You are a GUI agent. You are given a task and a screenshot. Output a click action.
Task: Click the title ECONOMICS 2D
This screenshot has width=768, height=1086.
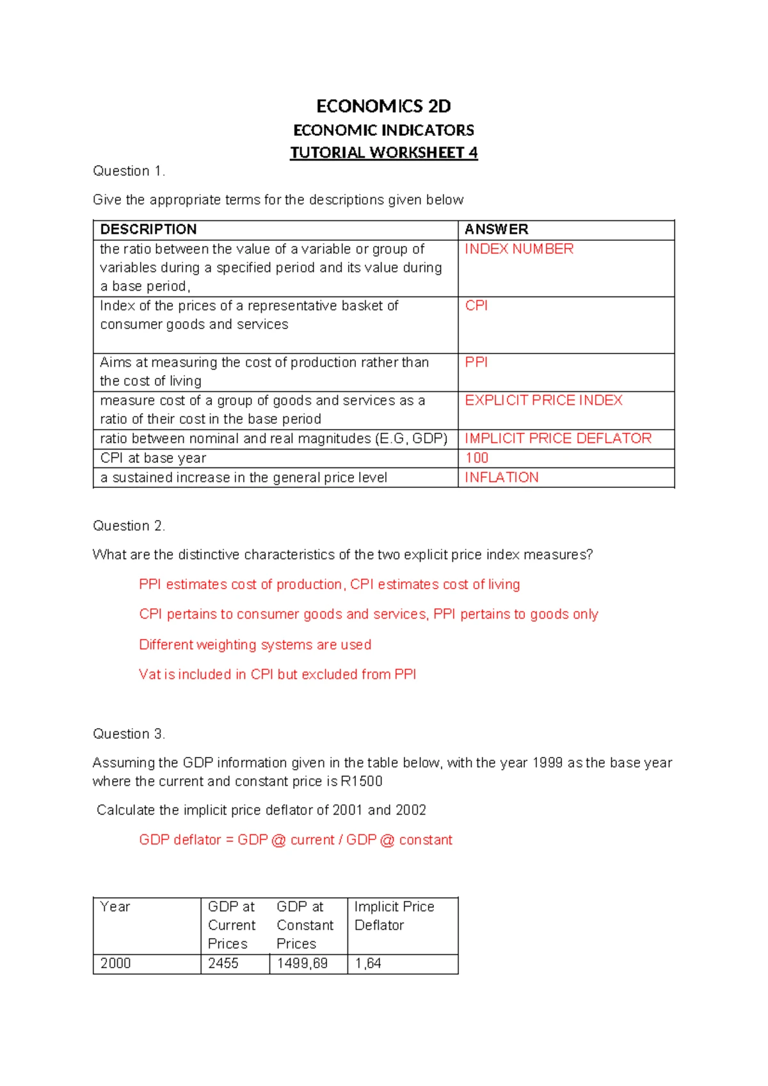pos(383,106)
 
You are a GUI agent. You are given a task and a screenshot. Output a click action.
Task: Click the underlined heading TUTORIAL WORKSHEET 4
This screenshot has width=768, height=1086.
pos(383,152)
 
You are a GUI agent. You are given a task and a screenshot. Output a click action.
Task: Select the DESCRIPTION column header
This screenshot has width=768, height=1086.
pos(148,229)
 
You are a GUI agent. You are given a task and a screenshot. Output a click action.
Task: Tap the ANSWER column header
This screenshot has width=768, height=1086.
pos(496,229)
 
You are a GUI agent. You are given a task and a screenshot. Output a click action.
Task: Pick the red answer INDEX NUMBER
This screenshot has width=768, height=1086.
pos(518,249)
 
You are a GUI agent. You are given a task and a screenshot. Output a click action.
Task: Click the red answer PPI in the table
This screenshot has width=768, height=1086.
pos(476,362)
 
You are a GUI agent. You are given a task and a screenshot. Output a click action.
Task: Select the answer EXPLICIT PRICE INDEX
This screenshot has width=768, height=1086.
pos(543,400)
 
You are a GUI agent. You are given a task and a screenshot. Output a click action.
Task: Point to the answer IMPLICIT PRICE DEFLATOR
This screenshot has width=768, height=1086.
pos(557,439)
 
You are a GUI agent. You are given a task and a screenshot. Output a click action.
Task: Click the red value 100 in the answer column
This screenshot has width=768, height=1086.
pos(477,458)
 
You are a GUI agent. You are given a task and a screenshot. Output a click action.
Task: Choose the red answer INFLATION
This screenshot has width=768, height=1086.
pos(501,478)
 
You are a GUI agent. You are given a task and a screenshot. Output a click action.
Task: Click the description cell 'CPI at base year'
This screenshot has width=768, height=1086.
pos(154,458)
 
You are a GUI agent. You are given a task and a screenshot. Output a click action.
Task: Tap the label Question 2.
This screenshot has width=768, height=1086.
pos(129,526)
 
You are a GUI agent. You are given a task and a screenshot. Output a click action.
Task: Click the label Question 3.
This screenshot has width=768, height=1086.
pos(129,734)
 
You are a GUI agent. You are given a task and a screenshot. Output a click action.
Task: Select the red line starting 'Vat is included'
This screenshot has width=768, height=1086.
pos(277,674)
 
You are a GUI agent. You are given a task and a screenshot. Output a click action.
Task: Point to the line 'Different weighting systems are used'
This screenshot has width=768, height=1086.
pos(255,645)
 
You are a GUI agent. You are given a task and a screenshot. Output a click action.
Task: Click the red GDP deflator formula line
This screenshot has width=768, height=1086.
pos(295,840)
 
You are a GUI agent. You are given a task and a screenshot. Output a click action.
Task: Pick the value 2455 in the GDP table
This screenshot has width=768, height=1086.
pos(223,964)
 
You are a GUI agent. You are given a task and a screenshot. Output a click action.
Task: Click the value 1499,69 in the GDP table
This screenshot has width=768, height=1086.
pos(302,964)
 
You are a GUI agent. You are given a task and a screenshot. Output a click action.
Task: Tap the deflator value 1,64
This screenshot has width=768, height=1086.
pos(368,964)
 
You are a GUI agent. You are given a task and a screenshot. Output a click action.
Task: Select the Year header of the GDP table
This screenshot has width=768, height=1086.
pos(115,907)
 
